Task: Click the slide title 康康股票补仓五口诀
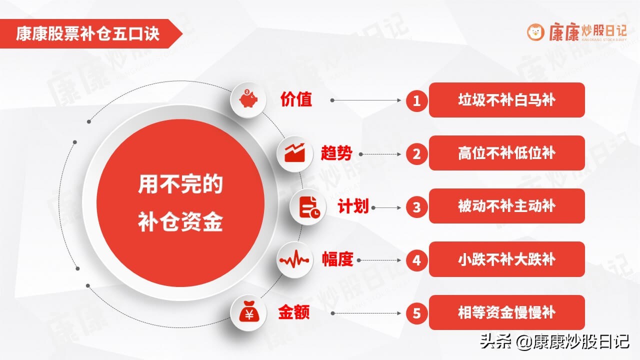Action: click(x=87, y=34)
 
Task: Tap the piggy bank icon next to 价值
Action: click(x=248, y=99)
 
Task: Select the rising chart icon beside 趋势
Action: click(x=295, y=153)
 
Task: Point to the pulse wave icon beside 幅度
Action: click(x=295, y=260)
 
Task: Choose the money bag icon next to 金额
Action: click(x=248, y=313)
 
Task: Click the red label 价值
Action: click(x=296, y=99)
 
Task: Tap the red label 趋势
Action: click(x=336, y=153)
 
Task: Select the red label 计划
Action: click(x=353, y=207)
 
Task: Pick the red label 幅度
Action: click(x=337, y=260)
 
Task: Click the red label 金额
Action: click(x=294, y=313)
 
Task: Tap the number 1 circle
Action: click(x=416, y=101)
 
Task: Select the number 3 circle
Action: click(x=416, y=207)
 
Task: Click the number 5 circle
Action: click(x=416, y=313)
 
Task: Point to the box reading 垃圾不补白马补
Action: click(x=506, y=100)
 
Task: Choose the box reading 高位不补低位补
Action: click(x=506, y=153)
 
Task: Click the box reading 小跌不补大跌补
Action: click(x=506, y=259)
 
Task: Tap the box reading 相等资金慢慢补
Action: click(x=506, y=312)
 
